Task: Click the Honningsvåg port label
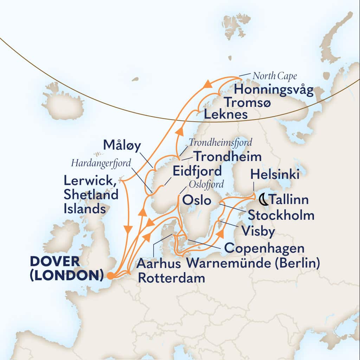[274, 90]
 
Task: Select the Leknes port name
[225, 115]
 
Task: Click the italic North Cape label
[270, 76]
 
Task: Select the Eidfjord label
[197, 171]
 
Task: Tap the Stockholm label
[281, 214]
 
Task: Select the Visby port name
[258, 231]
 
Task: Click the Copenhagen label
[264, 248]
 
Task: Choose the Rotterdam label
[172, 278]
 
